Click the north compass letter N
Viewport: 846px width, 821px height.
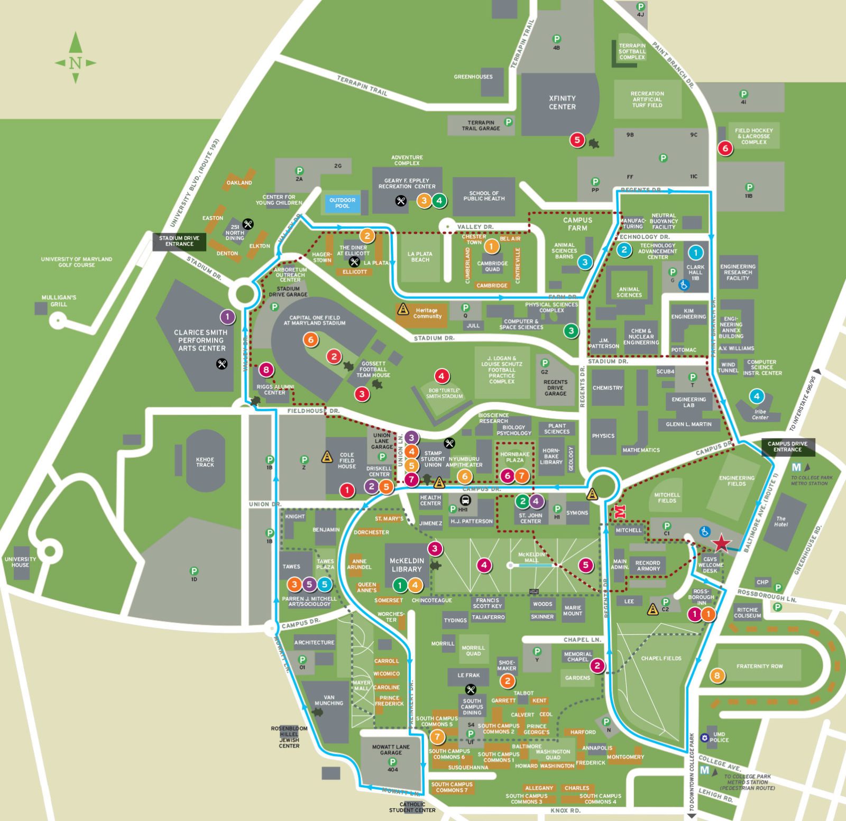75,63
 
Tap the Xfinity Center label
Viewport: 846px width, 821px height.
562,103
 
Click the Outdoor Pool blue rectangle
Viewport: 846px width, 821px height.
342,203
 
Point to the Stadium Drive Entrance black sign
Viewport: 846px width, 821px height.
179,241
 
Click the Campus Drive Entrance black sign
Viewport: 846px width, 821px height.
787,447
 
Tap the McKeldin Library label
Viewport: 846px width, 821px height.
406,565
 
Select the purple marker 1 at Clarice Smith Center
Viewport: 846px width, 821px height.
227,317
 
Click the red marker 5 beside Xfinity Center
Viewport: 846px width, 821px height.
577,140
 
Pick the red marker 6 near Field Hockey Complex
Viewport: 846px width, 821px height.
725,149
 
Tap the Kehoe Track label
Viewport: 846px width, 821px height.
205,462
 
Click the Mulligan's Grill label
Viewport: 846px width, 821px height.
59,301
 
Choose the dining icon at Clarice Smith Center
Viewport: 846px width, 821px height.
222,364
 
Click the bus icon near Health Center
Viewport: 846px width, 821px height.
466,500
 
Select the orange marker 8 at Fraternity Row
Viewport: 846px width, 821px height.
717,675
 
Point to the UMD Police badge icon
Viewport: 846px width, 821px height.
705,737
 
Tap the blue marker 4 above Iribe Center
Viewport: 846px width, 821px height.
757,396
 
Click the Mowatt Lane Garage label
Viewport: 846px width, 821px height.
391,750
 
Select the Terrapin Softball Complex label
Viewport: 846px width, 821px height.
632,51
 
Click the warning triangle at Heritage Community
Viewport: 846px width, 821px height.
403,309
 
